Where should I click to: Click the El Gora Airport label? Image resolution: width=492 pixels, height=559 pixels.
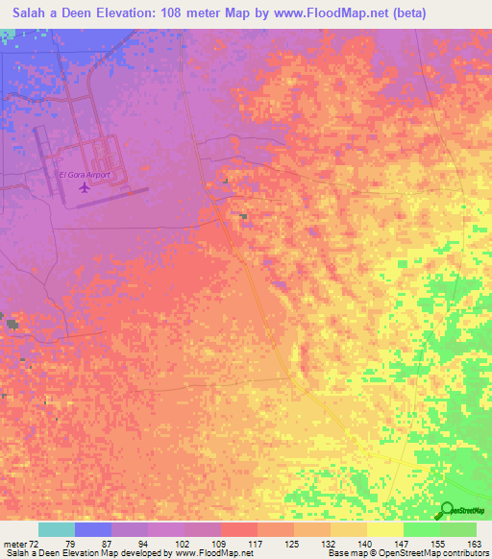point(86,175)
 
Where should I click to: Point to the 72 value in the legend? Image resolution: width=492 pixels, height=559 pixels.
point(38,543)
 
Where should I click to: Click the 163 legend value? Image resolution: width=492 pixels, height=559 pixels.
point(476,543)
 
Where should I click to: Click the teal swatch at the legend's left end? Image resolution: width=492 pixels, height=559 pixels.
point(57,529)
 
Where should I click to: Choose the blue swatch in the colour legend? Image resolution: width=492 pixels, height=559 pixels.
point(93,529)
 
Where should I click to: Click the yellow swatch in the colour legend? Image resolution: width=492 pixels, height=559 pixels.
point(384,529)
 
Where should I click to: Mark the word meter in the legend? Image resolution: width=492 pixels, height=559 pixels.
point(16,543)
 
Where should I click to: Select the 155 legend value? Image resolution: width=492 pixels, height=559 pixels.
point(439,543)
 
